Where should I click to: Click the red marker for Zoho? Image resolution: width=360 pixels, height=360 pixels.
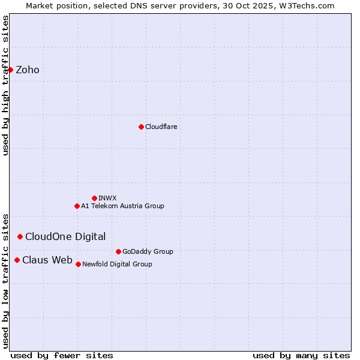(x=10, y=70)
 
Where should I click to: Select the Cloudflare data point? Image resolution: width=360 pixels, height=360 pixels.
(x=141, y=127)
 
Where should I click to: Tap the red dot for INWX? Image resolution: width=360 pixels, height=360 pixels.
(x=94, y=198)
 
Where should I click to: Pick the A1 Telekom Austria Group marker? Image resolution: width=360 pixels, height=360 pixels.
(x=77, y=206)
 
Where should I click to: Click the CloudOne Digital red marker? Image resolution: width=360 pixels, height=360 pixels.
(x=20, y=236)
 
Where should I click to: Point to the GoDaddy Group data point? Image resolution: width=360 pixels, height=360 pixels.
(x=118, y=251)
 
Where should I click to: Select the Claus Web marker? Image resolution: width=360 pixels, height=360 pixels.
(x=17, y=260)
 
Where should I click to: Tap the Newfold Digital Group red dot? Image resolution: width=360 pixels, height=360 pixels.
(x=78, y=264)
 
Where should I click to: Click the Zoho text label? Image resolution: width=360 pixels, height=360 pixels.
(x=28, y=70)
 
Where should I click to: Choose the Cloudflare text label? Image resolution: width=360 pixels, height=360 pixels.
(x=161, y=127)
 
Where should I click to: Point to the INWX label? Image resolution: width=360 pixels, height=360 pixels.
(x=108, y=198)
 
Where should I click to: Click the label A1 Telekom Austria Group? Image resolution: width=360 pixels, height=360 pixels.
(x=122, y=206)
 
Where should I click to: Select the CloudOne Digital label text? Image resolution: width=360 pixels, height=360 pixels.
(x=65, y=236)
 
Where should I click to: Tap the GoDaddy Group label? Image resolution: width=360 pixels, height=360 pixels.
(x=148, y=251)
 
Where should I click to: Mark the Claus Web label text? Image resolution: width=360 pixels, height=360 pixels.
(x=47, y=260)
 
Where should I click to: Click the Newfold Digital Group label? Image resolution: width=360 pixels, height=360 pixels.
(x=117, y=264)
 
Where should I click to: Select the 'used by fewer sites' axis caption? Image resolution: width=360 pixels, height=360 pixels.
(x=62, y=355)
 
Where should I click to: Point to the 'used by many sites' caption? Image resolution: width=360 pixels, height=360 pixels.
(x=301, y=355)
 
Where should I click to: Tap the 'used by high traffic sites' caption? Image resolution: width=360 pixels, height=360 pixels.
(x=6, y=85)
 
